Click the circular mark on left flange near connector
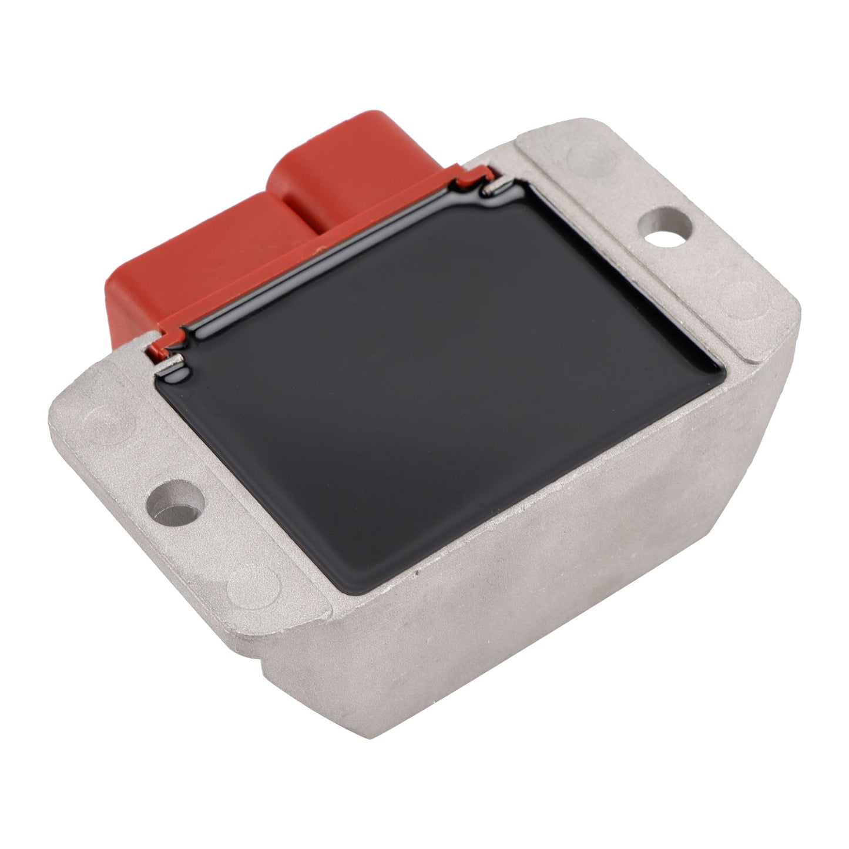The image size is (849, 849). click(100, 423)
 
